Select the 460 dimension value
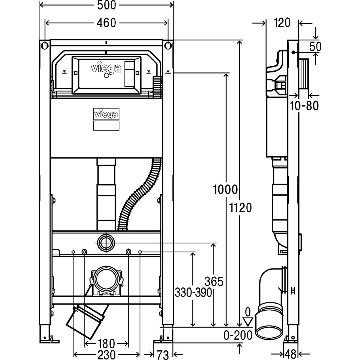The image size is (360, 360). (106, 23)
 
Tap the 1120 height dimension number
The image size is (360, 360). (240, 207)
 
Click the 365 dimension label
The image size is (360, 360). (214, 282)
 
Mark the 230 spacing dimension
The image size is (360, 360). (106, 355)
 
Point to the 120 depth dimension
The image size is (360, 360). (282, 22)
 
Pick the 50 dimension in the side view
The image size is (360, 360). (315, 46)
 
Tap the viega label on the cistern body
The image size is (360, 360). (106, 114)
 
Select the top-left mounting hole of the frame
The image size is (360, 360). (45, 46)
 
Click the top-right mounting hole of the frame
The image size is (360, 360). (168, 46)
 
